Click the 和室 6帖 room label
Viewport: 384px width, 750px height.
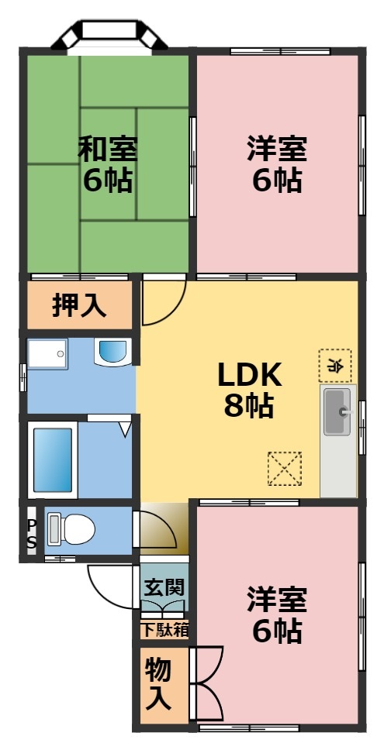(108, 164)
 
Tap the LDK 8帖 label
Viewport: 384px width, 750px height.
(248, 389)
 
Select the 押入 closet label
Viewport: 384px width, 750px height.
(79, 305)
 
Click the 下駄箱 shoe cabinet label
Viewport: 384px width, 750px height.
(164, 629)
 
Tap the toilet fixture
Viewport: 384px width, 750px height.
(70, 530)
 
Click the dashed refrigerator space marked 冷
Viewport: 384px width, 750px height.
(334, 365)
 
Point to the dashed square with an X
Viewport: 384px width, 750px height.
(283, 468)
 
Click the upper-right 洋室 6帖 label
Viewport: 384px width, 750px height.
(277, 164)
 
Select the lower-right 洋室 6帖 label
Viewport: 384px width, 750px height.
(277, 616)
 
